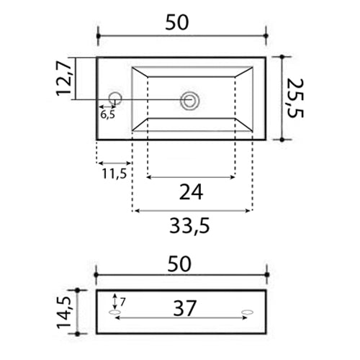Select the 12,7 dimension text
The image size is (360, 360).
click(x=65, y=78)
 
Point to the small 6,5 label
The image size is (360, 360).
click(x=107, y=114)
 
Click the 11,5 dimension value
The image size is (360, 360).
click(x=114, y=174)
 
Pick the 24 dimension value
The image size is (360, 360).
click(x=191, y=192)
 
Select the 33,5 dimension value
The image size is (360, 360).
click(x=191, y=227)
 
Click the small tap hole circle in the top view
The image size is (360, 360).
click(x=115, y=98)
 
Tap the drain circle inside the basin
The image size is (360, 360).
click(x=191, y=100)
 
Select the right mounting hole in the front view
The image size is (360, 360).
click(x=248, y=312)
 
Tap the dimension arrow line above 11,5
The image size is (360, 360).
click(x=114, y=162)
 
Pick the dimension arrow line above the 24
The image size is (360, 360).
click(x=191, y=176)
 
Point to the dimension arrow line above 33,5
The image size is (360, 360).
click(x=191, y=211)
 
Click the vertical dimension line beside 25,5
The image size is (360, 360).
click(x=286, y=99)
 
